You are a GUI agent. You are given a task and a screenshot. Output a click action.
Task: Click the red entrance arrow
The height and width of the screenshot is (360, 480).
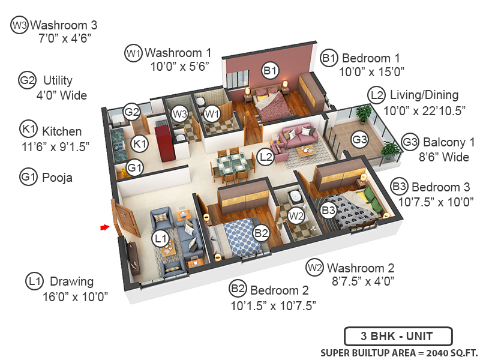(105, 227)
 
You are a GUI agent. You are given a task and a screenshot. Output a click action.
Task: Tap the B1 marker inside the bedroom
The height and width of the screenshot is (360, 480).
(271, 71)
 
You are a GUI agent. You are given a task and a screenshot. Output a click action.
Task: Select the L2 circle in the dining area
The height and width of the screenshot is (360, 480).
(266, 157)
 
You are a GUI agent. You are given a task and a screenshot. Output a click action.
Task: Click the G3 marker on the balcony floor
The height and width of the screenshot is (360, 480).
(359, 140)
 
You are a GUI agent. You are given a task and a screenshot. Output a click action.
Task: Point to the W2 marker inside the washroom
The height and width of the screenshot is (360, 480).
(295, 215)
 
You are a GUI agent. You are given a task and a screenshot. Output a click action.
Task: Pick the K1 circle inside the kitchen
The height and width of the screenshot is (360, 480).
(140, 143)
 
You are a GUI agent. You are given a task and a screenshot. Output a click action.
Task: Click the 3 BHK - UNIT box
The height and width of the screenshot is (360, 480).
(397, 335)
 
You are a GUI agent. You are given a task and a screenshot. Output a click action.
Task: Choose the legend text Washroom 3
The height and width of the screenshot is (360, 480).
(64, 25)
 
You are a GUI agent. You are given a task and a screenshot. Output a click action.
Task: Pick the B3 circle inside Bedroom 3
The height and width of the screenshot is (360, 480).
(328, 211)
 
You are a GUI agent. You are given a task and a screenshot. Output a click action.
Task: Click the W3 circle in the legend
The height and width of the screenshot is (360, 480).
(19, 25)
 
